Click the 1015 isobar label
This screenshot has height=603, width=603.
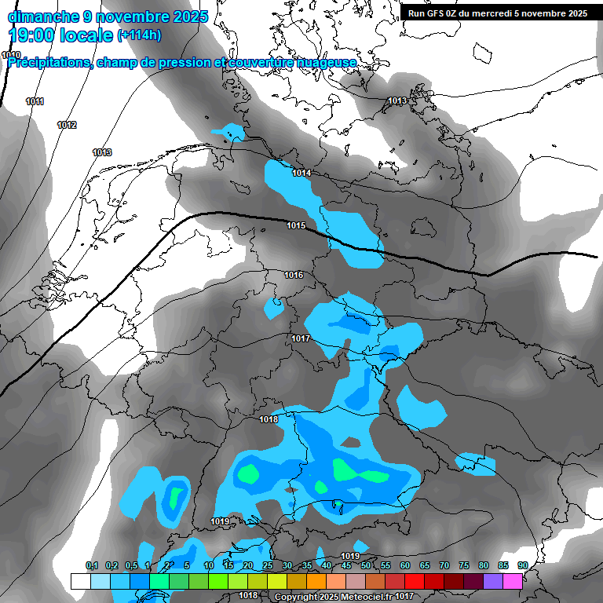coord(296,226)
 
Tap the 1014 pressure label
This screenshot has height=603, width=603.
coord(301,173)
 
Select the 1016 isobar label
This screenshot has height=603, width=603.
coord(294,275)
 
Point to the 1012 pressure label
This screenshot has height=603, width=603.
coord(67,126)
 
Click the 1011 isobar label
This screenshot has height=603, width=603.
coord(35,102)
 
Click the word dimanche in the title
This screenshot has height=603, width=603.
coord(43,16)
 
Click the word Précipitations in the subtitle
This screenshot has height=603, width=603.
coord(49,63)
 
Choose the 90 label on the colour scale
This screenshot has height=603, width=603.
coord(522,565)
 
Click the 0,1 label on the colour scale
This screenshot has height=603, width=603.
coord(92,565)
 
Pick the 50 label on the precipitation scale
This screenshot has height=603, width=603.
coord(366,565)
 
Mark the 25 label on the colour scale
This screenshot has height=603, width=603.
coord(268,565)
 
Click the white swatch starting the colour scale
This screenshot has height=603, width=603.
coord(80,581)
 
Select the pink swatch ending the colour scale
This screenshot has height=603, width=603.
coord(513,581)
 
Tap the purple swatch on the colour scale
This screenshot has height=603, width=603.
coord(493,581)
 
